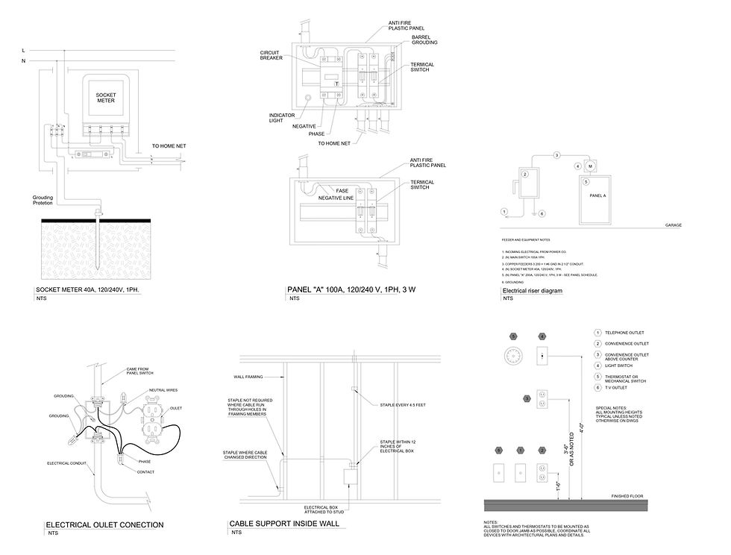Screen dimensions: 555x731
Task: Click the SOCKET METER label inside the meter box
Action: pos(107,98)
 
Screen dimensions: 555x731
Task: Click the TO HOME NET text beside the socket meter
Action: pos(173,146)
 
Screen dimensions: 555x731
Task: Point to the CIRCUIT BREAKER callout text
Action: pos(272,56)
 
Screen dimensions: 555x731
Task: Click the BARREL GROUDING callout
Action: pos(424,40)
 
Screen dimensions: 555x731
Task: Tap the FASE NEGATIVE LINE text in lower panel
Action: pos(337,194)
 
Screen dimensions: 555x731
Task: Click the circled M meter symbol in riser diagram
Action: pos(589,165)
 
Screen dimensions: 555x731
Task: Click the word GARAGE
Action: pos(673,225)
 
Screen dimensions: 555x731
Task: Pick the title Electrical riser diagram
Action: pos(533,290)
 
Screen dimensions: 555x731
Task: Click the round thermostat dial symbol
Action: pos(512,355)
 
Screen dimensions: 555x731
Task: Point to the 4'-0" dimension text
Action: pos(582,430)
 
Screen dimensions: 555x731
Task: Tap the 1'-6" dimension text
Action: pos(557,485)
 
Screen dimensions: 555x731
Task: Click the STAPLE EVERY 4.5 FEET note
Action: pos(403,404)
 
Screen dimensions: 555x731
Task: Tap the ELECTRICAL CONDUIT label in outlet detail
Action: pos(69,464)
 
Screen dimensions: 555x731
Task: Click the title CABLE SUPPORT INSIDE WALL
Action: pos(284,524)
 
